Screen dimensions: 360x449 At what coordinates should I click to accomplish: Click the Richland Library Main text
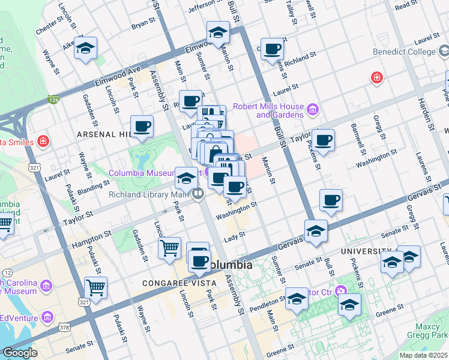[149, 194]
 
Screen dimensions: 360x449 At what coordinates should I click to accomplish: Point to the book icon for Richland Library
[197, 193]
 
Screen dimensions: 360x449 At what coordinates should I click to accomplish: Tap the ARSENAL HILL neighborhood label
[103, 135]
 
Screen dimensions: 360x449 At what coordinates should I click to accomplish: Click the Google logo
[20, 353]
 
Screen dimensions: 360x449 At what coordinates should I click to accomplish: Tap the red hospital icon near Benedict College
[376, 77]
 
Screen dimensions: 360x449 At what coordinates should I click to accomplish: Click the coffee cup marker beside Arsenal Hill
[142, 127]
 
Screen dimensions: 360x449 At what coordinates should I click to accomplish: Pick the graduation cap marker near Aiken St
[86, 48]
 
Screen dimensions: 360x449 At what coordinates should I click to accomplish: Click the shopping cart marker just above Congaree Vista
[170, 247]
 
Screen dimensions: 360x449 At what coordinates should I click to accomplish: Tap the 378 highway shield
[64, 326]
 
